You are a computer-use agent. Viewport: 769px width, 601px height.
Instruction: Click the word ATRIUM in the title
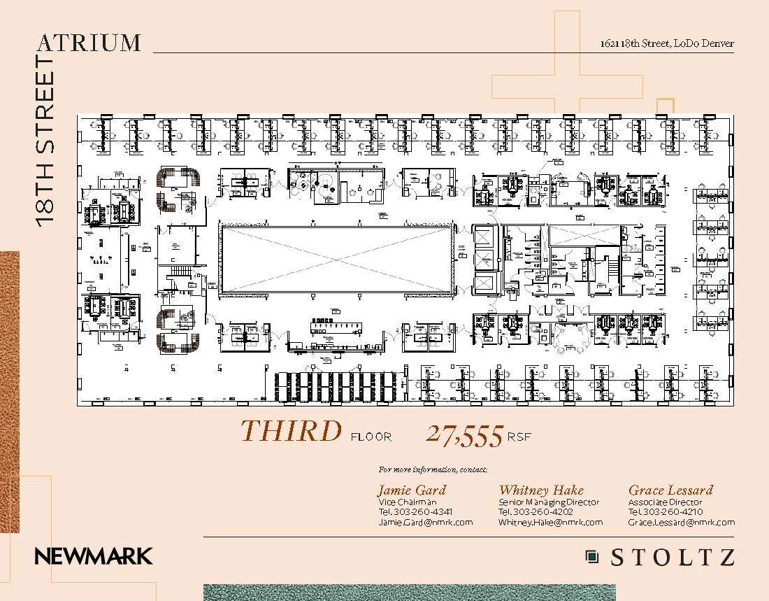89,43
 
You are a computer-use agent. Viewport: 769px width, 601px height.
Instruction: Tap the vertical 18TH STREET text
45,140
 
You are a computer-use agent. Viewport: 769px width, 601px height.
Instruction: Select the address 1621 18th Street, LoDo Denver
667,43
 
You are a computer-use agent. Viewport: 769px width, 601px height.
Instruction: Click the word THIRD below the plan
291,432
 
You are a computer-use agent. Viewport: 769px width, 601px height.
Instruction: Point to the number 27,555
464,435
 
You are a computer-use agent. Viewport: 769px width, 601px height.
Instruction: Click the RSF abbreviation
519,437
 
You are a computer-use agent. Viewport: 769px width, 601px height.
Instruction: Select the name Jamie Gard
411,490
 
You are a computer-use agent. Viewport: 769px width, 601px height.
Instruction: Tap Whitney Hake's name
541,490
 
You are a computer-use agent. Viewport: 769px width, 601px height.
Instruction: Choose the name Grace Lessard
670,490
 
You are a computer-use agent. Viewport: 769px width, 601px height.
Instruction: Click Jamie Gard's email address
425,522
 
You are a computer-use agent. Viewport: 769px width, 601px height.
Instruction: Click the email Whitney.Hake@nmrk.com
550,522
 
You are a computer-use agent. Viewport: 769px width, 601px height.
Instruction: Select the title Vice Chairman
408,502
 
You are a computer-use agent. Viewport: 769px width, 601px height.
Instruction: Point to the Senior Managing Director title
549,502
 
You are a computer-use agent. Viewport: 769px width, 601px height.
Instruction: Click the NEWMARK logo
94,557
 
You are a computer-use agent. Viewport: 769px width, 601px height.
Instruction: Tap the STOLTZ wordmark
673,558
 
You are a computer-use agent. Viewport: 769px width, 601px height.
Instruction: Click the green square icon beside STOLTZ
592,557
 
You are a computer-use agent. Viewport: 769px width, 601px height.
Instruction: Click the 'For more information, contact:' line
433,469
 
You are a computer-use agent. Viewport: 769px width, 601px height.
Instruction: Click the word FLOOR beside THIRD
371,437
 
